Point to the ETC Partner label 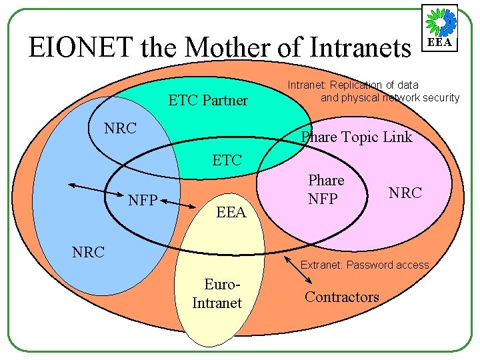pos(208,101)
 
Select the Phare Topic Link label pos(357,137)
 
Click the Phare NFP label pos(325,189)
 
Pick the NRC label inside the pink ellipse pos(405,193)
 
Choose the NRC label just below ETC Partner pos(121,128)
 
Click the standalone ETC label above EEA pos(227,161)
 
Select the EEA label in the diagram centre pos(231,213)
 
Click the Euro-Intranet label pos(217,294)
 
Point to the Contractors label pos(341,297)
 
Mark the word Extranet pos(321,265)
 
